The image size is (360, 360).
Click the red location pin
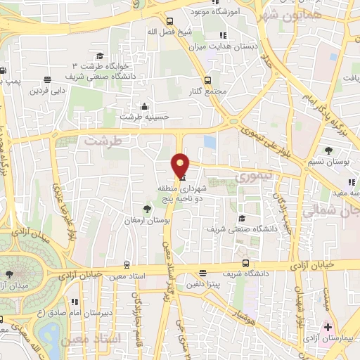[181, 165]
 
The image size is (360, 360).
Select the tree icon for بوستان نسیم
[328, 149]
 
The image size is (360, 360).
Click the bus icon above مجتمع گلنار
[207, 80]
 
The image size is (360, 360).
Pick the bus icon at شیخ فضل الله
[170, 21]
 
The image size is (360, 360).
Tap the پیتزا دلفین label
[204, 284]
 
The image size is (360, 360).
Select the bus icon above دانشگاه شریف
[202, 274]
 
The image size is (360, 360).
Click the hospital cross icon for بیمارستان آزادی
[328, 328]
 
